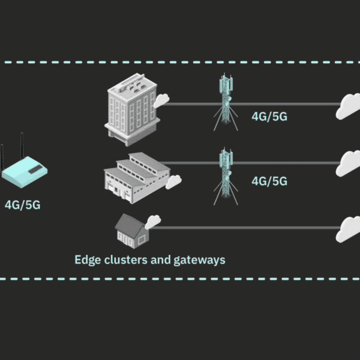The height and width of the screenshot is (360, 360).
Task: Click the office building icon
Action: click(132, 110)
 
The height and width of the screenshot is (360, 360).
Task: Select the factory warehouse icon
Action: click(137, 178)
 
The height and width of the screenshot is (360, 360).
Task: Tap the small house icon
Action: click(132, 231)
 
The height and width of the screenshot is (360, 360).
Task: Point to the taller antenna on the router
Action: click(22, 146)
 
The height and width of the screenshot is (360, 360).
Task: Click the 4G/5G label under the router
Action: click(23, 205)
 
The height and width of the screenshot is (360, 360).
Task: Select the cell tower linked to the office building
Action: click(226, 102)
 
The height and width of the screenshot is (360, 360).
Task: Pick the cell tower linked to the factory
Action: click(226, 176)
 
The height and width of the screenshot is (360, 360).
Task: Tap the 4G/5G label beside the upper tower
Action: click(269, 116)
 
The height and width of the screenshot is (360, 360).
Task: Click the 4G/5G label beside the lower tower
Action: click(269, 181)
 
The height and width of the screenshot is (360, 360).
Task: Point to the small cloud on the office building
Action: click(161, 100)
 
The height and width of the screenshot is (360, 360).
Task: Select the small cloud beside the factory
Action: click(174, 182)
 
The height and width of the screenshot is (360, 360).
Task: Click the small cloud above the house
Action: click(153, 222)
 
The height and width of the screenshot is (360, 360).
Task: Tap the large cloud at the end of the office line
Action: click(348, 107)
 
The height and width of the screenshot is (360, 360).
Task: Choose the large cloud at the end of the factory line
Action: click(348, 163)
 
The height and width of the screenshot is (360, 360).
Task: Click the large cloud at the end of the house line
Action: click(348, 229)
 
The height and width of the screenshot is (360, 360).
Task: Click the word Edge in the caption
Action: click(88, 260)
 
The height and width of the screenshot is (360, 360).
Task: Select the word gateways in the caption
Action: click(199, 260)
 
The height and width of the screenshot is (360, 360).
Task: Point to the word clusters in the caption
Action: click(126, 260)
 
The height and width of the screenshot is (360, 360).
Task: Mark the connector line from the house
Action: click(246, 228)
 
